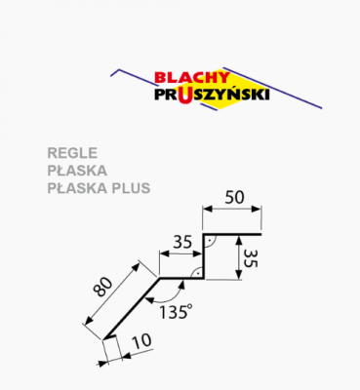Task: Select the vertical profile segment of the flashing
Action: point(203,255)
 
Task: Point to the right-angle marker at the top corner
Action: point(209,239)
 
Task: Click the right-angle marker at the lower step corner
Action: point(197,272)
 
